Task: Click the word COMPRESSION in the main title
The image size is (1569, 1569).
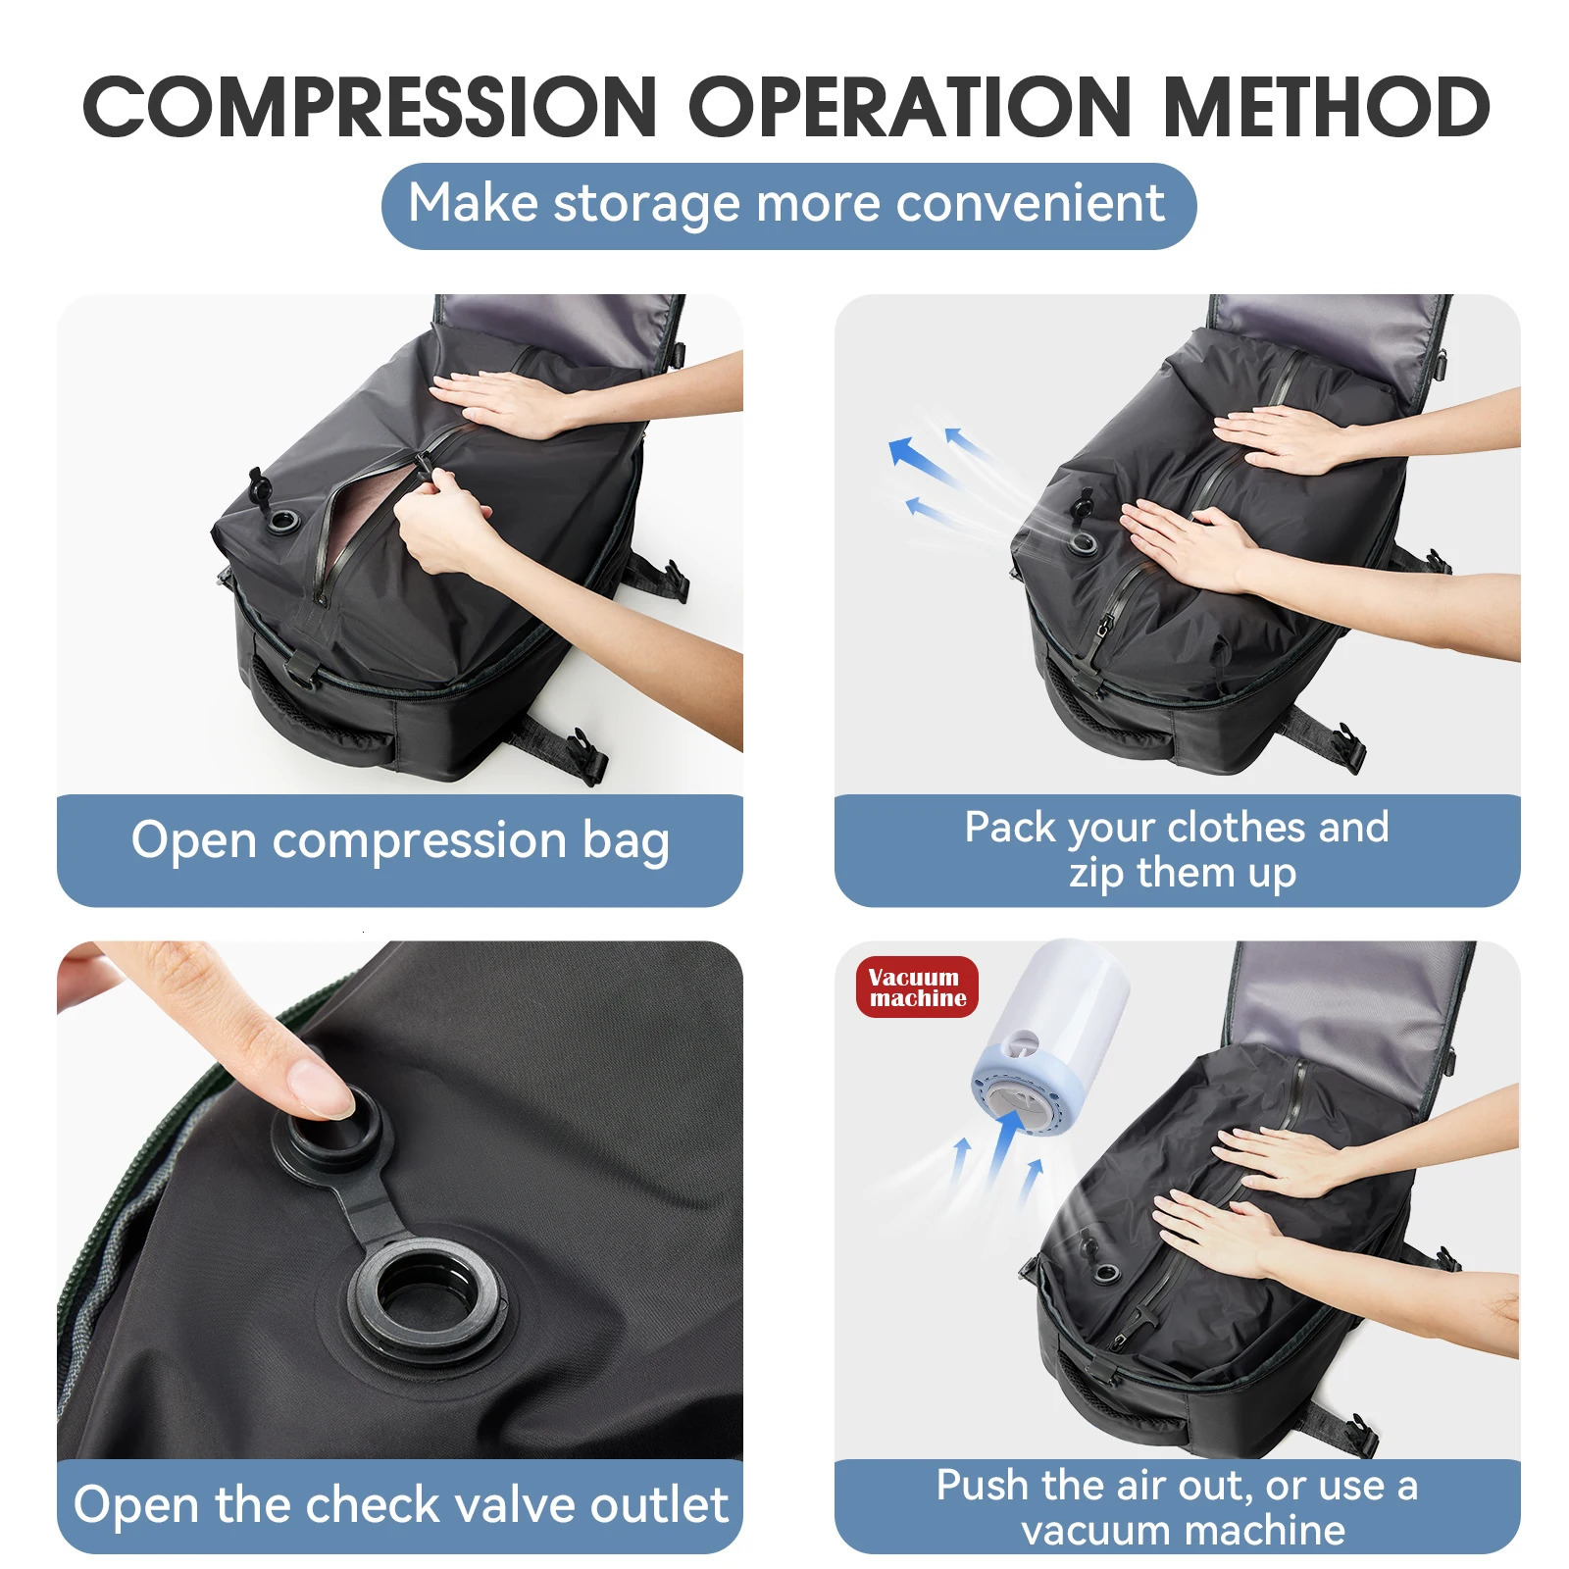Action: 370,107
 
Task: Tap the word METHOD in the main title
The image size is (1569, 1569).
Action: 1326,107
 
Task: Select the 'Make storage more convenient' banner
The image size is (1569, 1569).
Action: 787,205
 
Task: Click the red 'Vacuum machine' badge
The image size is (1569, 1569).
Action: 917,987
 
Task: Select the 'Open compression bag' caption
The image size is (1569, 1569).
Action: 400,842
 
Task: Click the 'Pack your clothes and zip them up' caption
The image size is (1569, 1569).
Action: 1177,849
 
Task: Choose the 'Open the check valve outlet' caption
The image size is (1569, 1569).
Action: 400,1504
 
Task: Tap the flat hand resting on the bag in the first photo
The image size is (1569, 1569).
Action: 500,402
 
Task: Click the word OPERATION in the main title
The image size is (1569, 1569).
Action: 909,107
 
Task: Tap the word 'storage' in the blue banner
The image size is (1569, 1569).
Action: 647,205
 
